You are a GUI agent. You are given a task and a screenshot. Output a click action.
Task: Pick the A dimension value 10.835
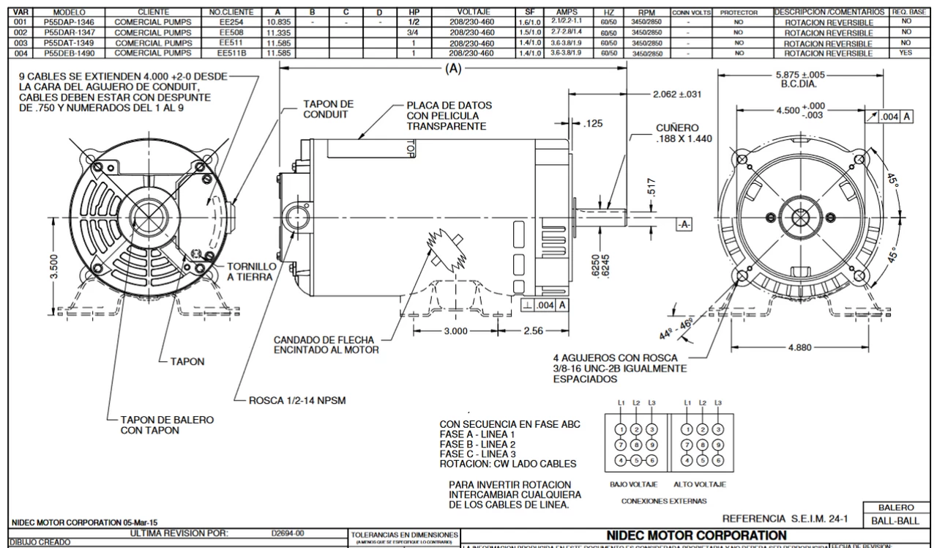(x=277, y=23)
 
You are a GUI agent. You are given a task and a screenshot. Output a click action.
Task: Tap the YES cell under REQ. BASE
(x=906, y=53)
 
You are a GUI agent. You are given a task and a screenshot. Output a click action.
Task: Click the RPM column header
(x=645, y=12)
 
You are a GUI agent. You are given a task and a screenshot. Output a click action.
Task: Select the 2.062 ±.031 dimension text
(x=676, y=95)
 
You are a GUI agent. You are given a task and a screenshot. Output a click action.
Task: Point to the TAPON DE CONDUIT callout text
(x=328, y=110)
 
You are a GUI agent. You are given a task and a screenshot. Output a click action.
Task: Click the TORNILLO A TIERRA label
(x=251, y=272)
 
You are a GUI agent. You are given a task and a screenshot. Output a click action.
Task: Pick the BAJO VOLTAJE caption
(x=632, y=484)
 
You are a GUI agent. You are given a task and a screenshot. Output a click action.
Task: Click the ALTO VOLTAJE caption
(x=699, y=484)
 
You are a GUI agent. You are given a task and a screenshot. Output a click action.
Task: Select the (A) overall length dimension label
(x=454, y=68)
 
